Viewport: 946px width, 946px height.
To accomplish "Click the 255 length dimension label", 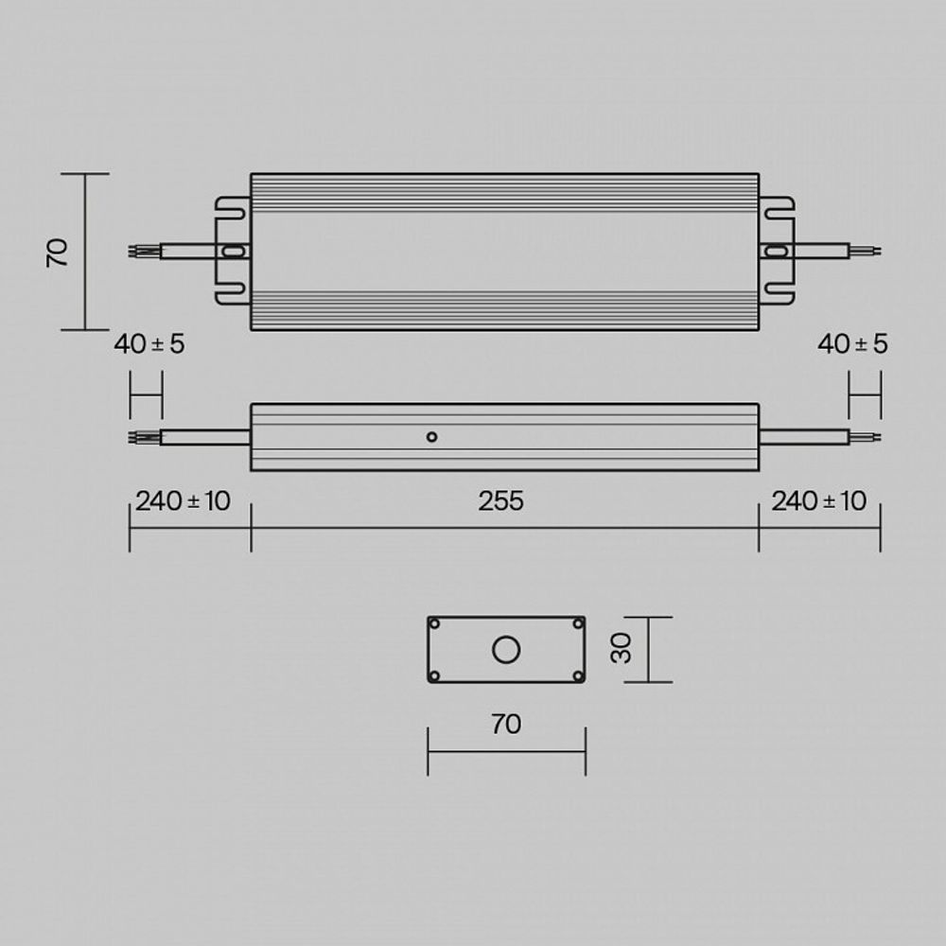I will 500,501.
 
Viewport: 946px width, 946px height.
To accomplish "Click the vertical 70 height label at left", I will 59,253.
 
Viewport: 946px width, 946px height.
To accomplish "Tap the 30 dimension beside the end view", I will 622,649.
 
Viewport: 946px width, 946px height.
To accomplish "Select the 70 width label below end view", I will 506,725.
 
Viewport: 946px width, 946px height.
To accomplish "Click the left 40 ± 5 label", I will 149,344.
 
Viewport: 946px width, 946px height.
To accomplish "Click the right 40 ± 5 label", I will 852,344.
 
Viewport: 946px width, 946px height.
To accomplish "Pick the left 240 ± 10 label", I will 183,501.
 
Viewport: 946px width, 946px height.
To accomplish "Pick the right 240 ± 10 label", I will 818,501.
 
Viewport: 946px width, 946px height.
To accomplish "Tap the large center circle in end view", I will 506,650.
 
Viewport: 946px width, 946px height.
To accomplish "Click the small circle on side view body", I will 431,436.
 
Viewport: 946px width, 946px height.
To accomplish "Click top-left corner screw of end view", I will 434,623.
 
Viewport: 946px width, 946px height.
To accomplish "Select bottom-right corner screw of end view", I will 578,675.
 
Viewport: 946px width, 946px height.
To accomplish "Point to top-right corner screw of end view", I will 578,623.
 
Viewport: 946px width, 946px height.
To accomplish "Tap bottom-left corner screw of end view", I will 434,675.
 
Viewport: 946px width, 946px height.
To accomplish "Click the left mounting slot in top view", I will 233,252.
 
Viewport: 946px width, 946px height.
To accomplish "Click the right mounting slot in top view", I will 776,251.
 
